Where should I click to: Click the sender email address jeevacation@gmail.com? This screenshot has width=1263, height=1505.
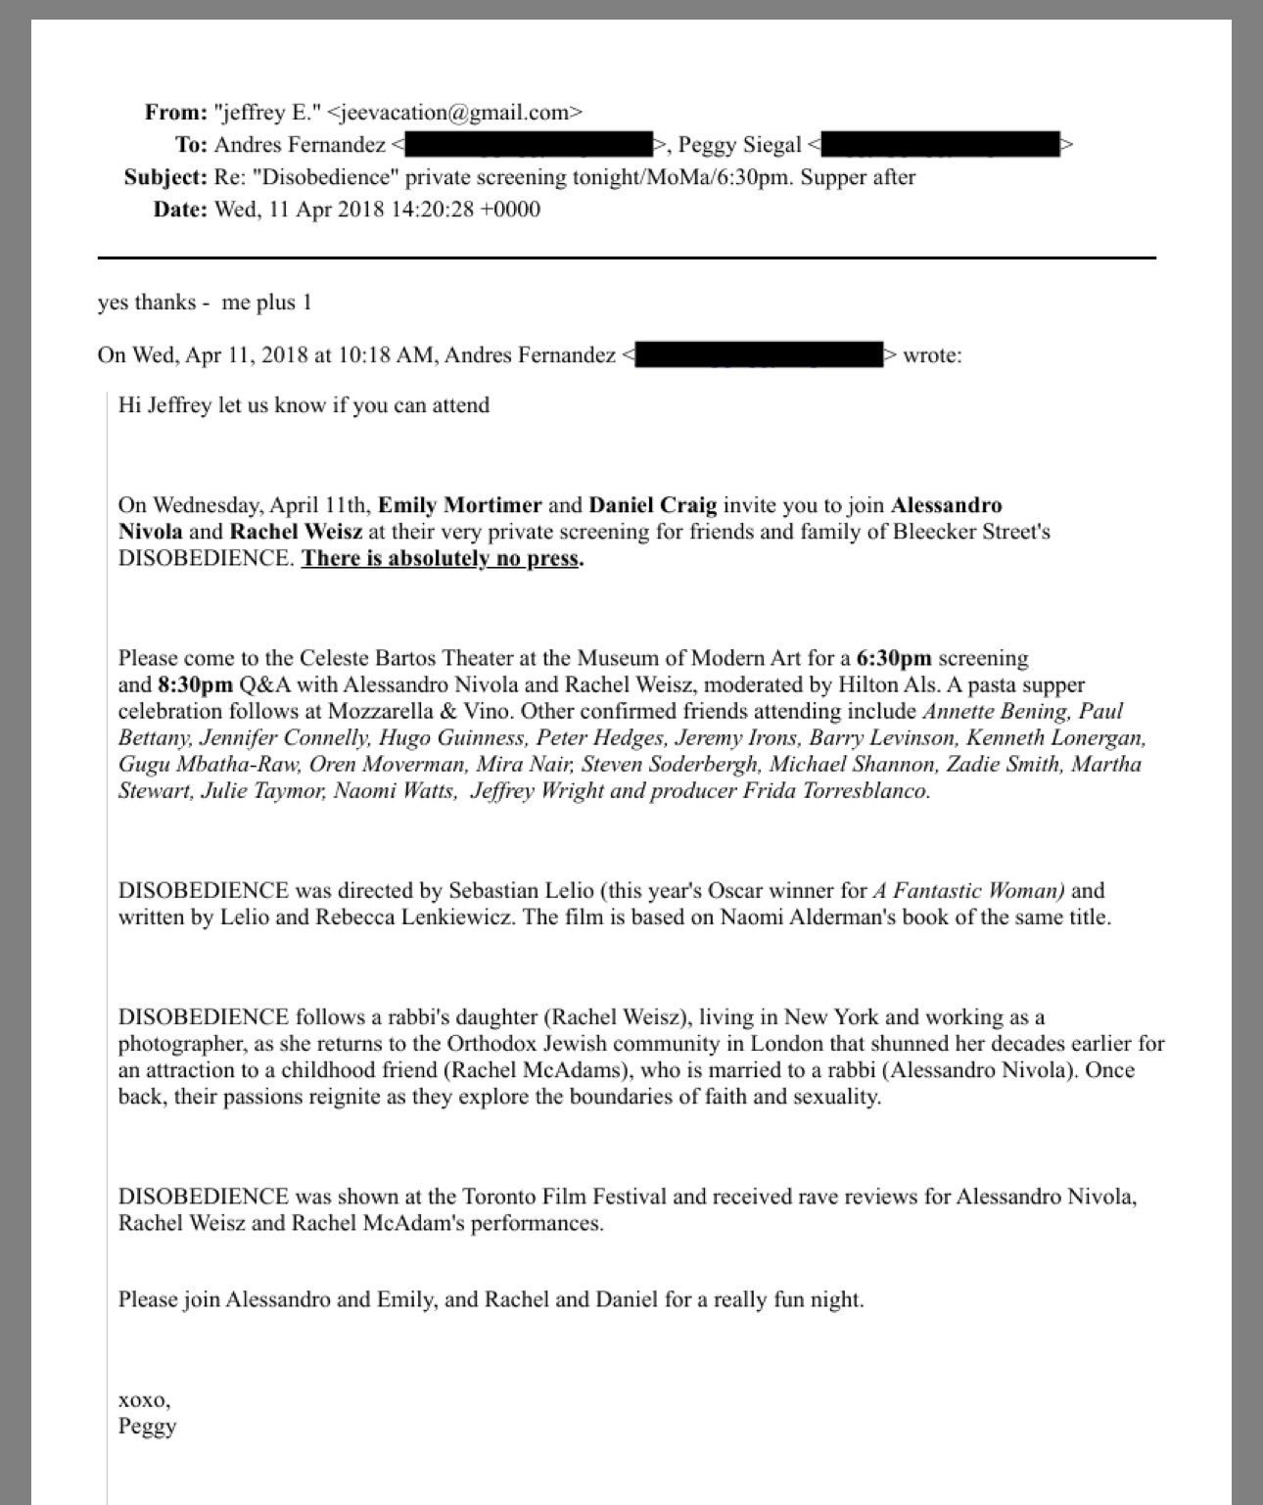pos(454,113)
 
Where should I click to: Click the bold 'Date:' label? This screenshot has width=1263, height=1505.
pos(180,210)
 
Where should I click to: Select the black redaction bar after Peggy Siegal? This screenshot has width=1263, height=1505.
pos(940,145)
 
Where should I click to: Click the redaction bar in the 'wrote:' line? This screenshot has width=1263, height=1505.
pos(760,354)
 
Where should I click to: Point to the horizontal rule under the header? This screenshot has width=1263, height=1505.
pos(627,258)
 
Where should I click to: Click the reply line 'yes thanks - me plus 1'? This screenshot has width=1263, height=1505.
pos(205,303)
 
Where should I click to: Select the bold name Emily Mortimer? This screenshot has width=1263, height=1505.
pos(459,505)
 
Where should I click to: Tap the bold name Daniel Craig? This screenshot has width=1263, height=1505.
pos(652,505)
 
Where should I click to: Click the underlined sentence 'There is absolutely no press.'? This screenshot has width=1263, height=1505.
pos(442,559)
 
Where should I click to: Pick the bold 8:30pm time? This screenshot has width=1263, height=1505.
pos(195,684)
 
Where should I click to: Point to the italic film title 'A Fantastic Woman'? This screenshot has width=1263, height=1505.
pos(968,891)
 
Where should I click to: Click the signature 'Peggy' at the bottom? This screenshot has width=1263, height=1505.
pos(147,1426)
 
